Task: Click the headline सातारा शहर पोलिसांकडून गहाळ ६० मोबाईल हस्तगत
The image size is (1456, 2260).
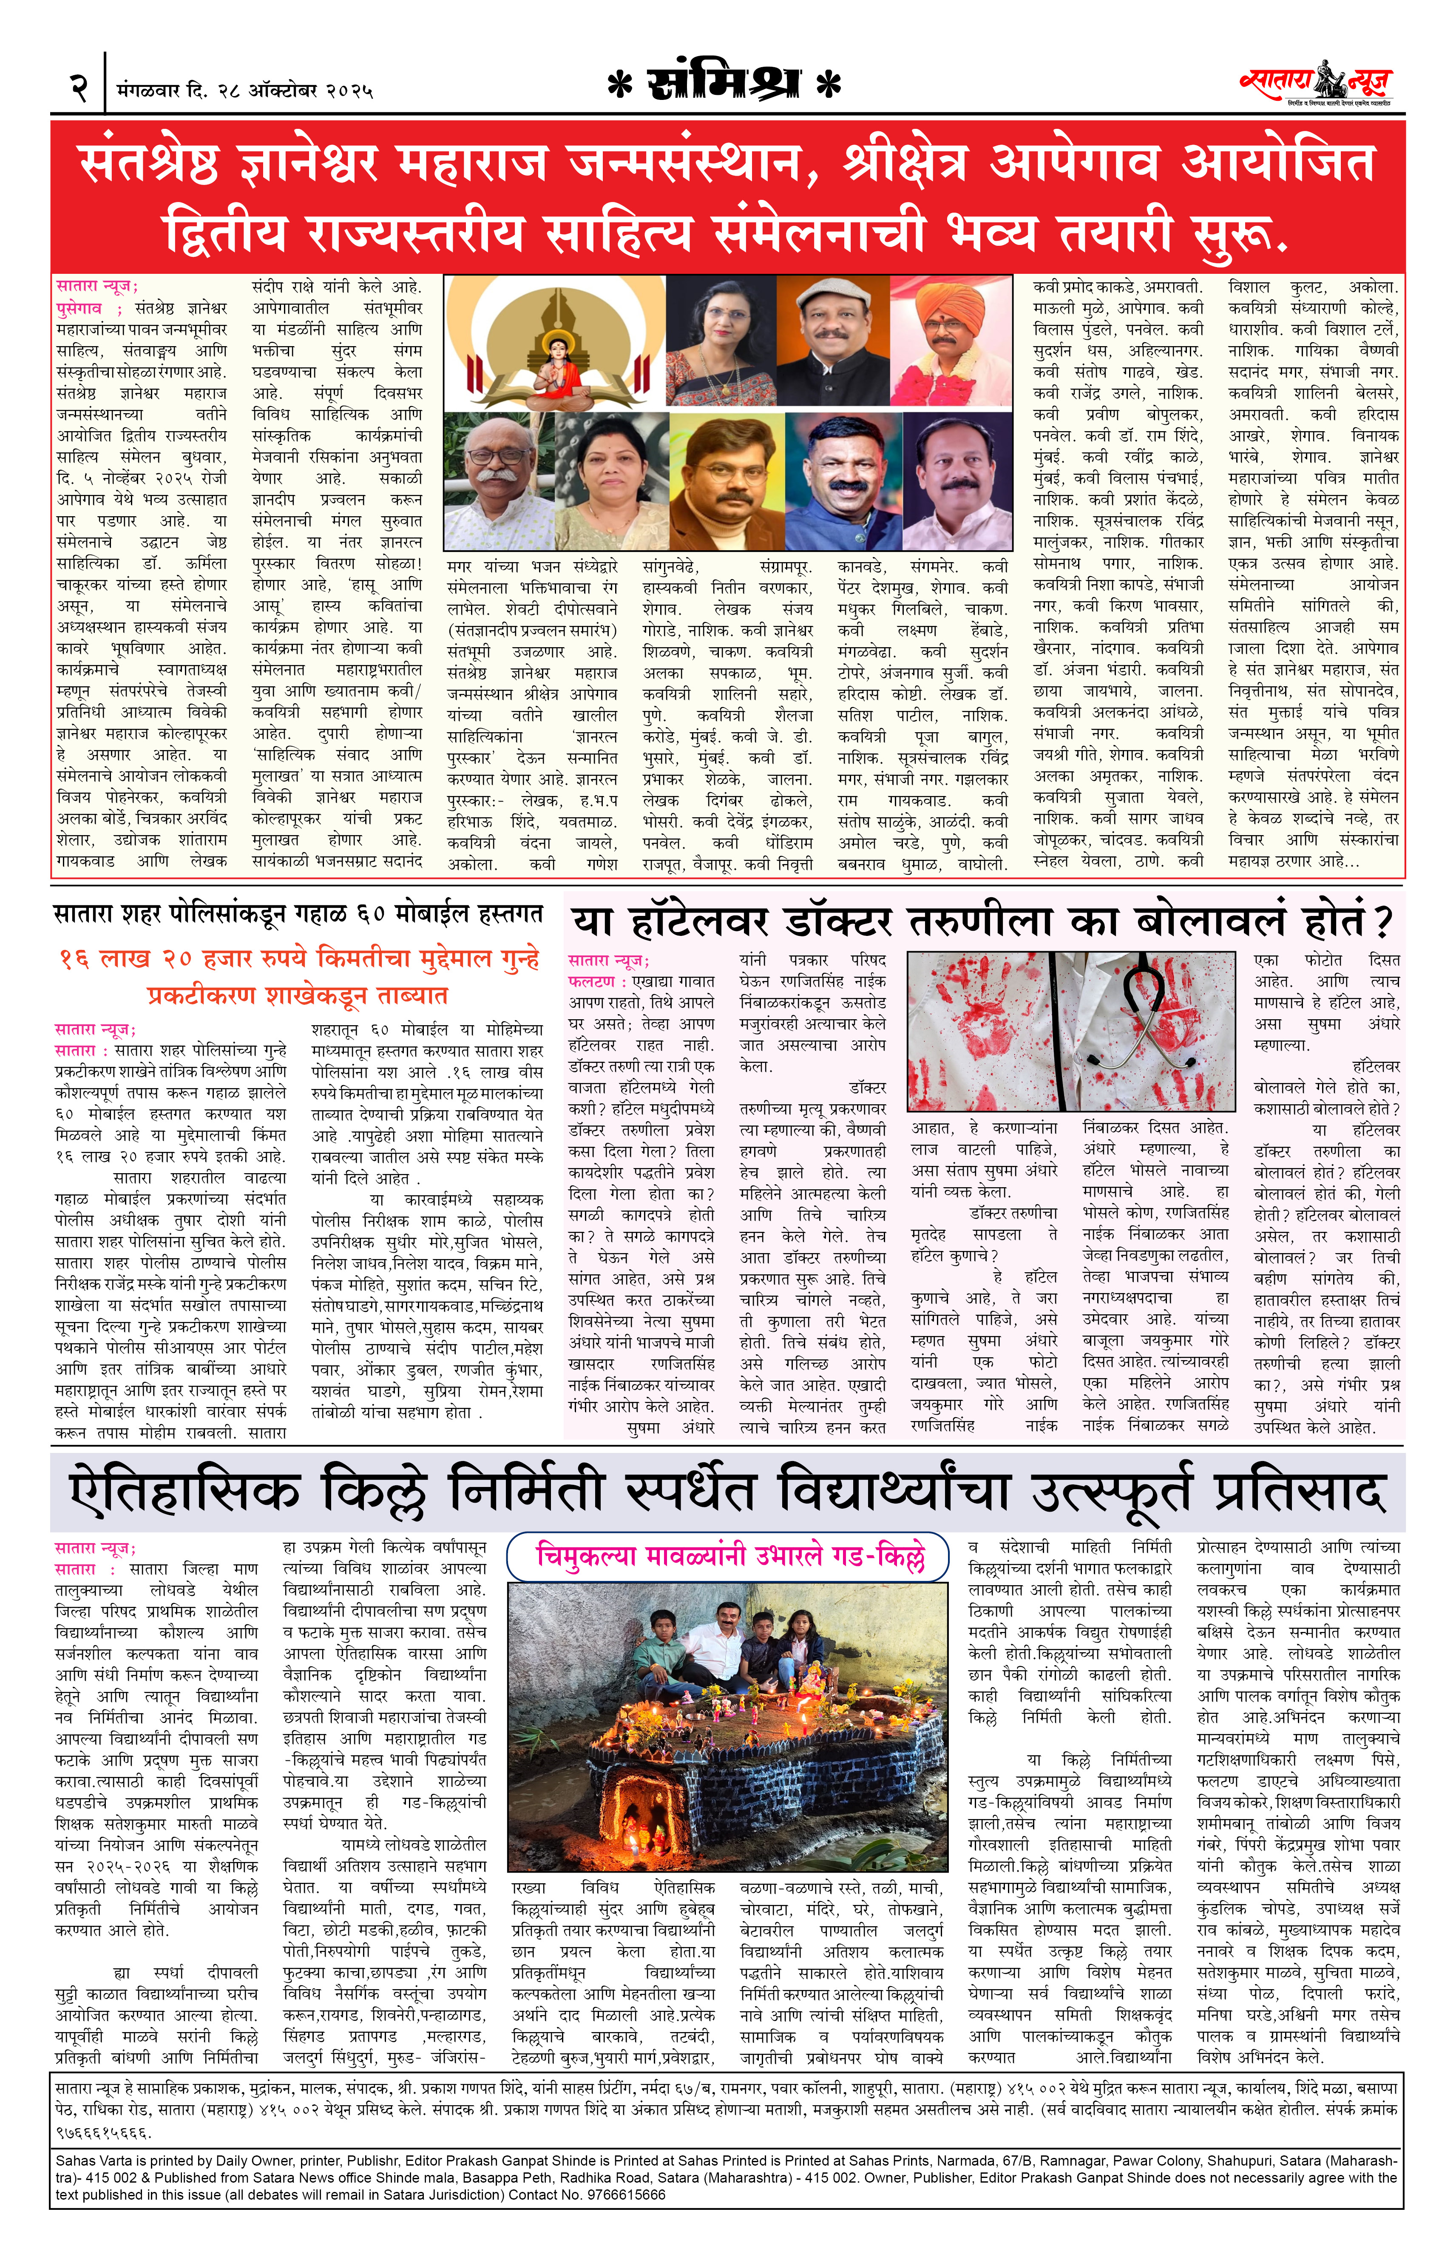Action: [x=298, y=913]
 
